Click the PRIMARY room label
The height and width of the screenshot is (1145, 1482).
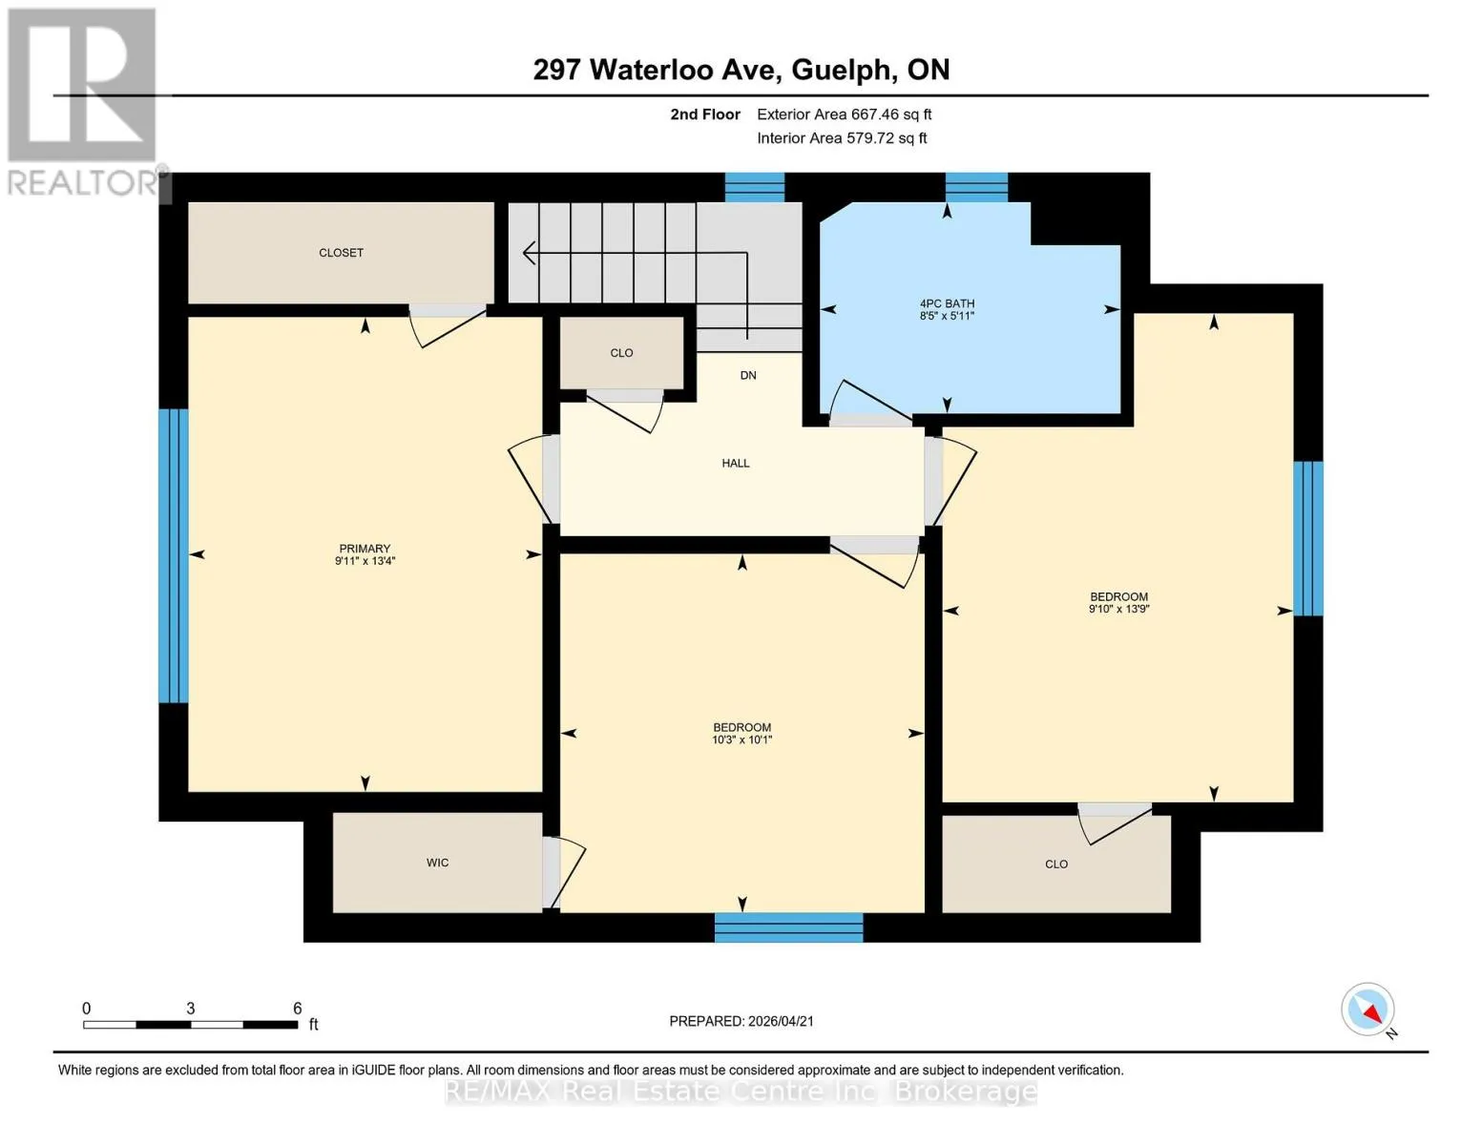tap(365, 549)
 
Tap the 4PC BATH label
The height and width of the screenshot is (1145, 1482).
tap(947, 303)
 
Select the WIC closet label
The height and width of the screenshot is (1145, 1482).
tap(437, 863)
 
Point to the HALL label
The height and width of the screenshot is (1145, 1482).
tap(735, 463)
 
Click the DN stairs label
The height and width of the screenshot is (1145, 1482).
tap(748, 375)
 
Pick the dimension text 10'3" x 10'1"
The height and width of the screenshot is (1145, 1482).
tap(742, 739)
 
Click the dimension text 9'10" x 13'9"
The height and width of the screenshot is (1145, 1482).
tap(1118, 609)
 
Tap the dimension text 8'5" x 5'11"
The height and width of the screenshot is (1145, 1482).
tap(947, 316)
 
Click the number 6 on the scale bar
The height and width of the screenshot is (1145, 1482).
tap(298, 1008)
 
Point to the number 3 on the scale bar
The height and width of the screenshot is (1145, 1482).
tap(190, 1008)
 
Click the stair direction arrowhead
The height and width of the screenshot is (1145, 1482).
tap(528, 253)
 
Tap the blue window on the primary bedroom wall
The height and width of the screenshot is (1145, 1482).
tap(174, 555)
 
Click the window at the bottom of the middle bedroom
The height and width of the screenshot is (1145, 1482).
tap(788, 927)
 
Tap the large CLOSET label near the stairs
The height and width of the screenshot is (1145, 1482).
tap(341, 253)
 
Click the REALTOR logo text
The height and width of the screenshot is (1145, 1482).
tap(83, 183)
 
